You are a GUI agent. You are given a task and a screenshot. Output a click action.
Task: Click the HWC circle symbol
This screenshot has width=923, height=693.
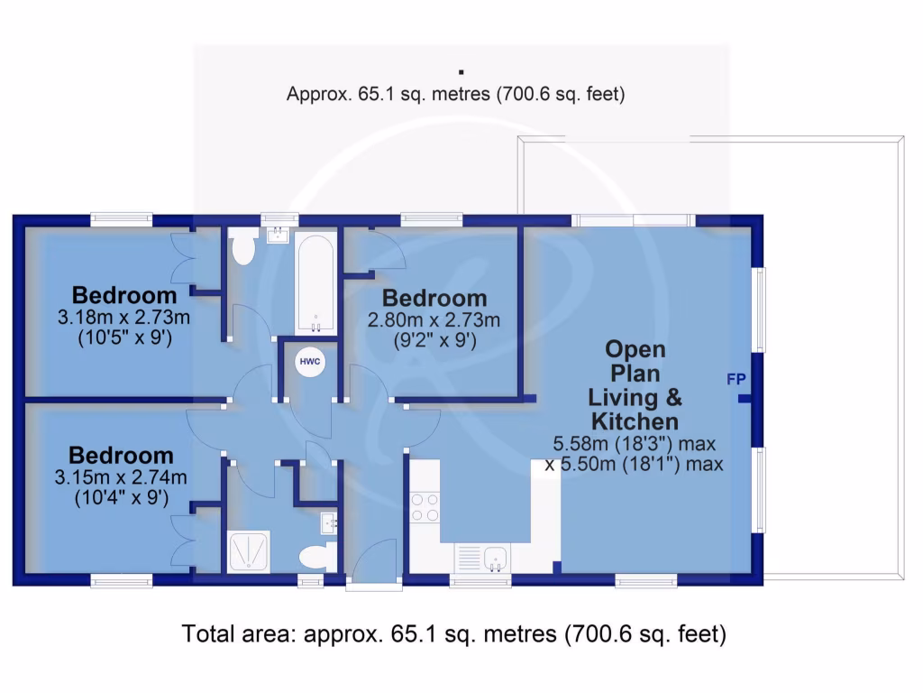click(x=310, y=361)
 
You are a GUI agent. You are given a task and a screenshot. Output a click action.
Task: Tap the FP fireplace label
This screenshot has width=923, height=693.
click(x=736, y=379)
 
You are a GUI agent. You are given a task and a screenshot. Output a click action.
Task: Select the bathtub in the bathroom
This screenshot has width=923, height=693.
click(x=315, y=283)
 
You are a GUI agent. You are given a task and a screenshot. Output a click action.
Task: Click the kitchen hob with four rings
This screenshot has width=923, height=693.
click(x=425, y=507)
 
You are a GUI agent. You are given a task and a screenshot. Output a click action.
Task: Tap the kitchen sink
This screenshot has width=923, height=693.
click(x=494, y=559)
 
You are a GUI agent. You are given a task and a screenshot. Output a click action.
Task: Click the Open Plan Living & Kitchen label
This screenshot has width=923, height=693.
click(x=635, y=385)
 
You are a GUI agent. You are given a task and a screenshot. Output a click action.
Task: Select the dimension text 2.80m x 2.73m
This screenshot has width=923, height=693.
click(x=434, y=319)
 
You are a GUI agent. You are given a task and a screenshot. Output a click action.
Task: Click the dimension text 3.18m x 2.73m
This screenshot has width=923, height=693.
click(x=123, y=318)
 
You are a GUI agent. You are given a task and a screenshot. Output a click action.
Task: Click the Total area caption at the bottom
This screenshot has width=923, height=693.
click(x=454, y=634)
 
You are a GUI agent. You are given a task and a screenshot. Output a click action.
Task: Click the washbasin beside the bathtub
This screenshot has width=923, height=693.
click(x=277, y=236)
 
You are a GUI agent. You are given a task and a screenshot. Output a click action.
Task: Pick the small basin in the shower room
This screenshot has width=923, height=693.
click(x=329, y=522)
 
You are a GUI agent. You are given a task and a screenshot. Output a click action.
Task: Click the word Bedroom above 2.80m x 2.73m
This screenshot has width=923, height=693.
click(x=434, y=298)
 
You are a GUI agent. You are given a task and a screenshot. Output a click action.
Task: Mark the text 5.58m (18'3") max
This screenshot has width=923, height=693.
click(x=636, y=444)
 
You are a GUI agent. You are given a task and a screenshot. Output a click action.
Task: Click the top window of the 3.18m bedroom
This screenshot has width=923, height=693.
click(x=121, y=217)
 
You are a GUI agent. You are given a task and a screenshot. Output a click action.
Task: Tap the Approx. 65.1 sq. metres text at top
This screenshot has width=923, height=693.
click(x=455, y=93)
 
